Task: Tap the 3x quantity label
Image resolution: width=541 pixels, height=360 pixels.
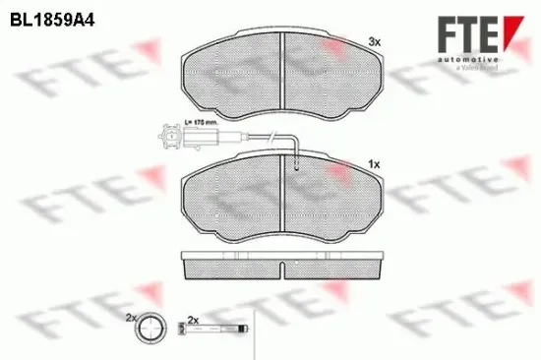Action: [374, 41]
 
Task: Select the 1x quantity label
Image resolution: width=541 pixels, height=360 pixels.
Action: [374, 161]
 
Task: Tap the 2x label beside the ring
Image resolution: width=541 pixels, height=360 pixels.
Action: [130, 319]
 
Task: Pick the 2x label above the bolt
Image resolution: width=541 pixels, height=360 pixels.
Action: [193, 320]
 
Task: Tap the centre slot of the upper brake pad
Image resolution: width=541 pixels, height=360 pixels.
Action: [282, 69]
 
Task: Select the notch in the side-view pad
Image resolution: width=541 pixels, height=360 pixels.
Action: [282, 268]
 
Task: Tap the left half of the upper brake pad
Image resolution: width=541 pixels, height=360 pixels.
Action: [232, 71]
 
